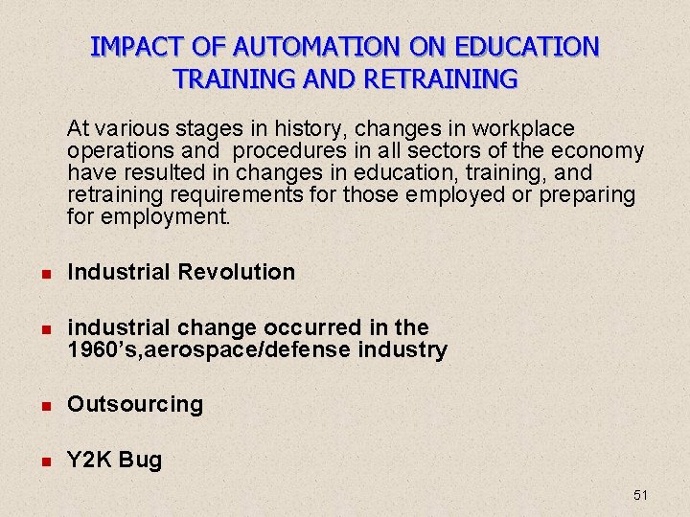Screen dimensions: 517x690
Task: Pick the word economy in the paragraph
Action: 601,151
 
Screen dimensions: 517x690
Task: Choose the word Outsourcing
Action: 135,404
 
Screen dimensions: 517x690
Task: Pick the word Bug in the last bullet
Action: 141,461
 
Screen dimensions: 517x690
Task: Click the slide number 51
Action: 641,495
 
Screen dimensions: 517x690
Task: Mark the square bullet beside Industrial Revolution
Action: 43,273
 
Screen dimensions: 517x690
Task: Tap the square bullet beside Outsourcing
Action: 43,405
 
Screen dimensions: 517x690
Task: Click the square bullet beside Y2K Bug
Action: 43,461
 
